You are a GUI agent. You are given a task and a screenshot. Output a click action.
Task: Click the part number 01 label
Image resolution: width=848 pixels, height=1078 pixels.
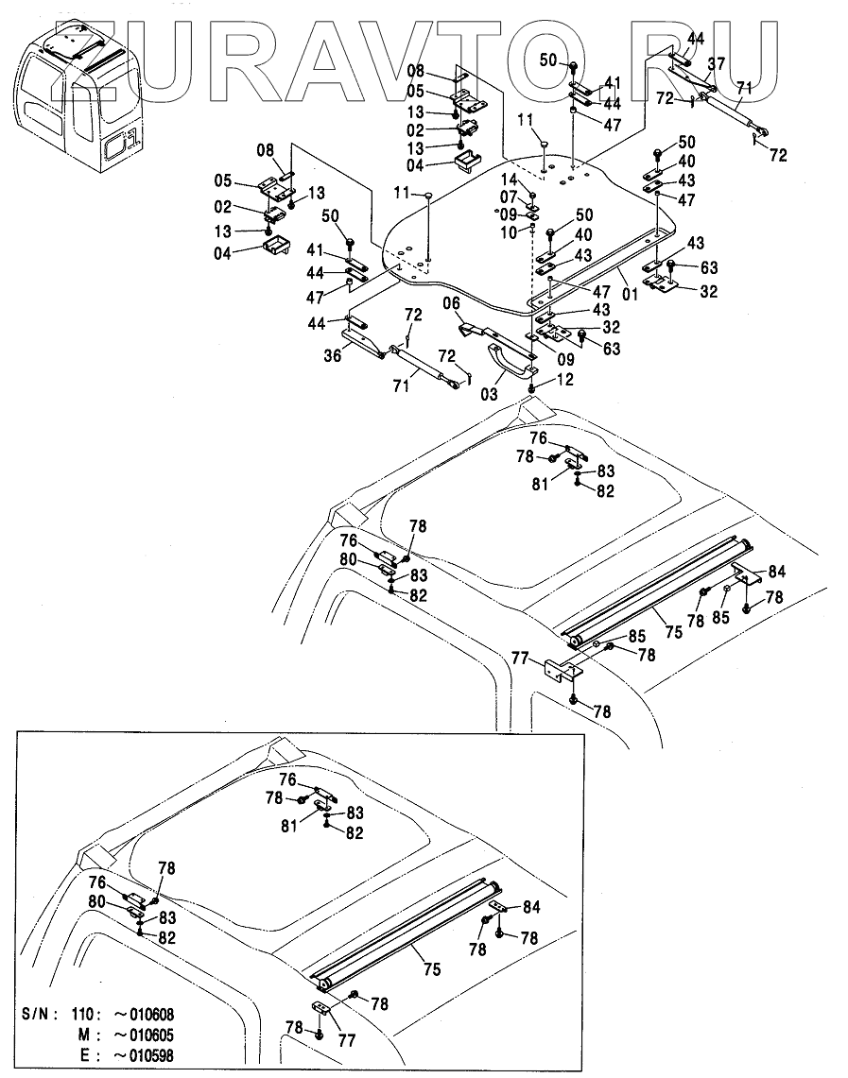coord(631,294)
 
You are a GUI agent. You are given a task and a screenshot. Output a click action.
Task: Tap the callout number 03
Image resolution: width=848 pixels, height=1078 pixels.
coord(489,395)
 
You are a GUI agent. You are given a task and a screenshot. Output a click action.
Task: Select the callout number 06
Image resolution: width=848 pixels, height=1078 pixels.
coord(451,303)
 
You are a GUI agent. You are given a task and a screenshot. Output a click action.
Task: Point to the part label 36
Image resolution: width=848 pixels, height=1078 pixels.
coord(333,356)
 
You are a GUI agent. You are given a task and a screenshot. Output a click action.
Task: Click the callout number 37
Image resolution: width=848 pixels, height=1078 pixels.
coord(717,64)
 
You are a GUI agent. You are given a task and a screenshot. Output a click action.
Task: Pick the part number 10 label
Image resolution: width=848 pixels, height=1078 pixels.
coord(509,232)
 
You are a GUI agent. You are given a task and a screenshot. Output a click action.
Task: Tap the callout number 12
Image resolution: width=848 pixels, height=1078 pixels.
coord(564,380)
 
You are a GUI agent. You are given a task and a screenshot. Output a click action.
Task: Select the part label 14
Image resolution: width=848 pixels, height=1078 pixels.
coord(509,181)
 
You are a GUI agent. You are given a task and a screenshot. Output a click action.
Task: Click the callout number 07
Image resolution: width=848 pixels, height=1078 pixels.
coord(509,198)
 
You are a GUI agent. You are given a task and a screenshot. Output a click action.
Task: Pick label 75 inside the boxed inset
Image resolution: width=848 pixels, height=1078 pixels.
coord(432,969)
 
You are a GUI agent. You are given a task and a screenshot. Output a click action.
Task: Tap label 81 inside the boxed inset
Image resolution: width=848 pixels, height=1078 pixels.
coord(289,825)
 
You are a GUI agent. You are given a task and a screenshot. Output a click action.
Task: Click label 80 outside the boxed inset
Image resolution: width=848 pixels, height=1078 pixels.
coord(348,559)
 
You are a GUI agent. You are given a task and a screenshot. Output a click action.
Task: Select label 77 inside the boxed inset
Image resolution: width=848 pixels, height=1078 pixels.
coord(347,1041)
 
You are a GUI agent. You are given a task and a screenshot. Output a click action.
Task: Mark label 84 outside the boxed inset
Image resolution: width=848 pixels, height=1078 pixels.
coord(776,572)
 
